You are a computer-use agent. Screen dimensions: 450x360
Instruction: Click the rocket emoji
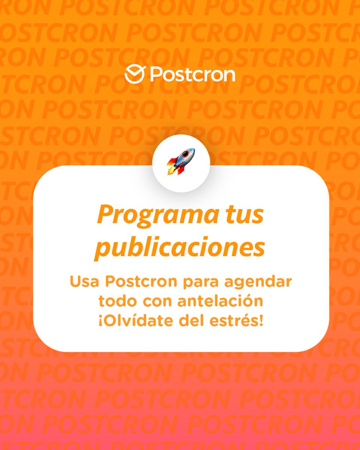(181, 162)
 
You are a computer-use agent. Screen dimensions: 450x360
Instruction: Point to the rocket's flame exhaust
(172, 171)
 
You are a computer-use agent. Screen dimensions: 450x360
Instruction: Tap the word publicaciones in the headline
(180, 247)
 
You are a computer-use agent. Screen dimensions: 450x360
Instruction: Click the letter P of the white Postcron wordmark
(156, 75)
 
